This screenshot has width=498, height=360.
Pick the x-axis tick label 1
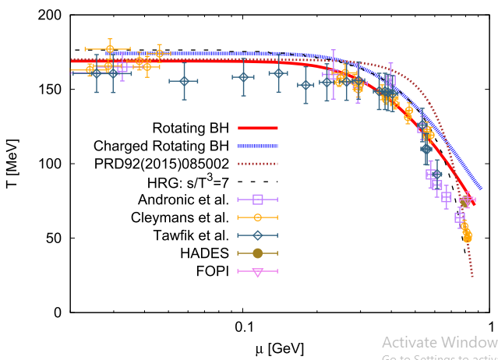click(489, 328)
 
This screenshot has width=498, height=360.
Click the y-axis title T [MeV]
click(16, 164)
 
